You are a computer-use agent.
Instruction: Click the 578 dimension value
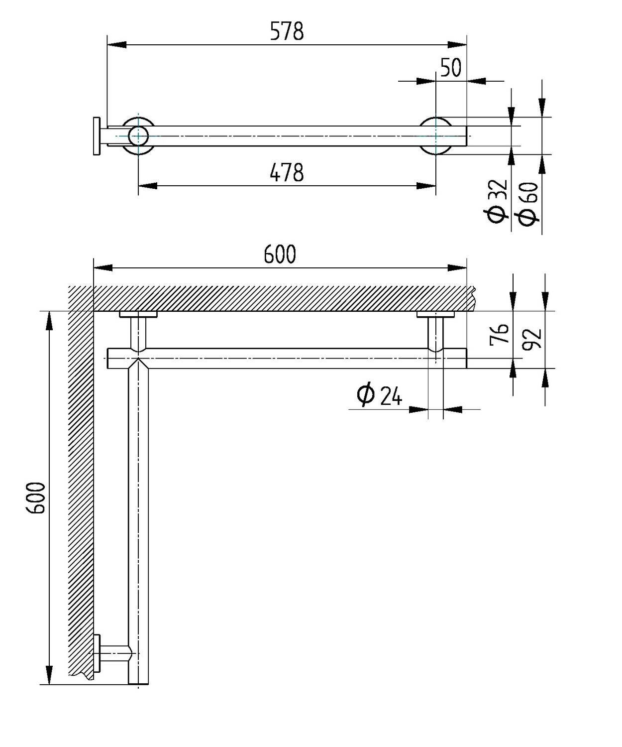click(x=287, y=31)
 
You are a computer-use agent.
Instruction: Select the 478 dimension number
click(x=287, y=172)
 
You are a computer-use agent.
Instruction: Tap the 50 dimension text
click(x=451, y=68)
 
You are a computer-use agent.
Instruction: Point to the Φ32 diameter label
click(x=498, y=201)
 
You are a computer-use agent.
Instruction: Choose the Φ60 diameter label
click(x=528, y=204)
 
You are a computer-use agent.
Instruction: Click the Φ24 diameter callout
click(x=379, y=394)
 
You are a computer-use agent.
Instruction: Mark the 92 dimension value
click(x=532, y=339)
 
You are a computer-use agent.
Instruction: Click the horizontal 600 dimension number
click(x=280, y=254)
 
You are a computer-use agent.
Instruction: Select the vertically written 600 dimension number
click(x=36, y=498)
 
